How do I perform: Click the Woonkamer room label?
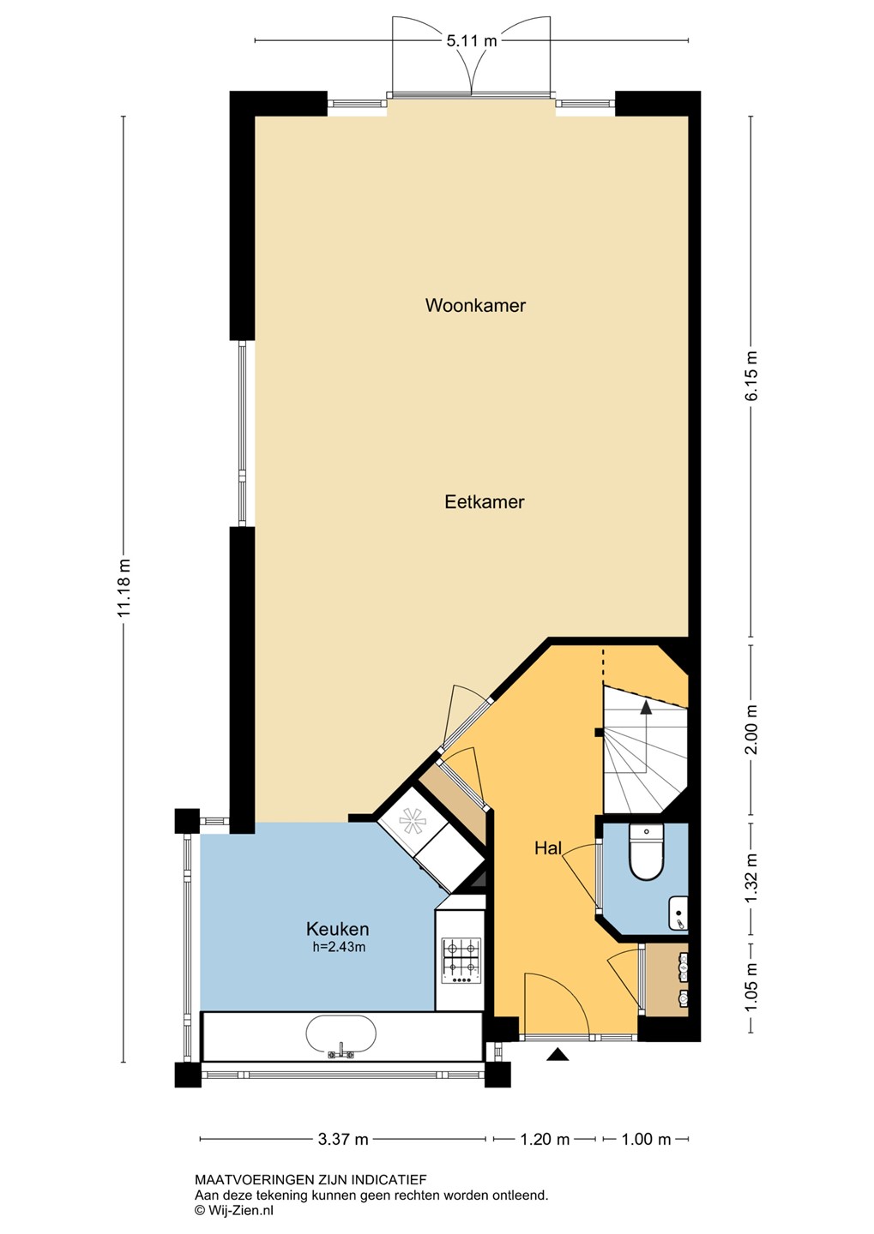[x=475, y=305]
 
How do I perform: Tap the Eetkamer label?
[x=484, y=502]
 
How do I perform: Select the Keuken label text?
[x=337, y=929]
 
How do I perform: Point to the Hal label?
[x=548, y=848]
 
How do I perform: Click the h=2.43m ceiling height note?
[x=339, y=948]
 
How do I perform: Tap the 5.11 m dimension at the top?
[x=472, y=40]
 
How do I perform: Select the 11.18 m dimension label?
[x=124, y=589]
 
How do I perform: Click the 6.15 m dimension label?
[x=752, y=376]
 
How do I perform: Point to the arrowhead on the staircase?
[x=646, y=709]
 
